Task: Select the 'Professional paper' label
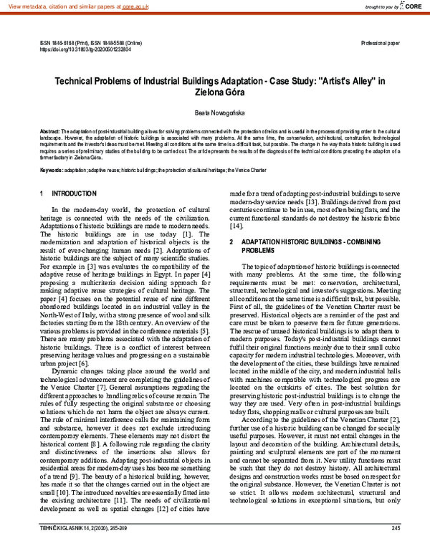pyautogui.click(x=382, y=44)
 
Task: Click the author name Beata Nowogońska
pyautogui.click(x=214, y=113)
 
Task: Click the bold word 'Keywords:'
pyautogui.click(x=52, y=170)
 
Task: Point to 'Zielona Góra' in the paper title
pyautogui.click(x=214, y=92)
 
